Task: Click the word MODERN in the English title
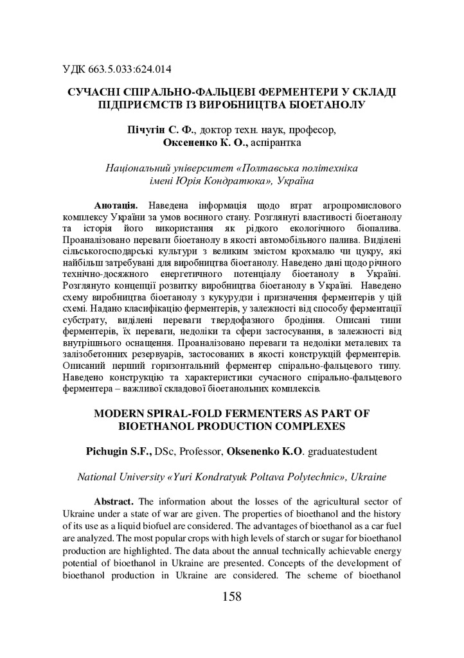point(122,411)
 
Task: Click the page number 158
point(231,597)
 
